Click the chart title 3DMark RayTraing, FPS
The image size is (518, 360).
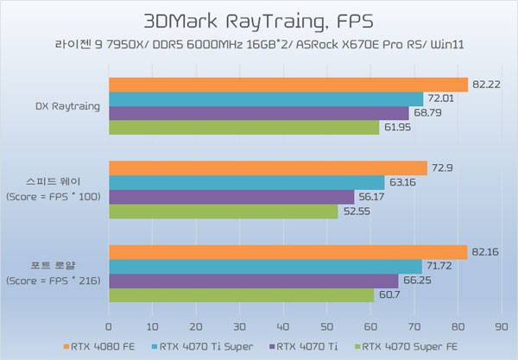pyautogui.click(x=258, y=19)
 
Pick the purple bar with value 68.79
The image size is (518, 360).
pyautogui.click(x=258, y=113)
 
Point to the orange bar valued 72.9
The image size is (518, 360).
pyautogui.click(x=268, y=168)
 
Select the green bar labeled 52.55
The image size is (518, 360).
pyautogui.click(x=223, y=211)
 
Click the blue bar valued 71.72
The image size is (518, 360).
pyautogui.click(x=264, y=267)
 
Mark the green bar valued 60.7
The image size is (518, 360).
pyautogui.click(x=241, y=295)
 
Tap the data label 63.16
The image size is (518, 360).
pyautogui.click(x=402, y=182)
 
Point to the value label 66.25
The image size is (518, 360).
pyautogui.click(x=415, y=281)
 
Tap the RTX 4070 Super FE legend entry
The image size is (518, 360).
pyautogui.click(x=406, y=347)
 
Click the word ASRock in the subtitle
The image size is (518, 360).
pyautogui.click(x=320, y=42)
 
